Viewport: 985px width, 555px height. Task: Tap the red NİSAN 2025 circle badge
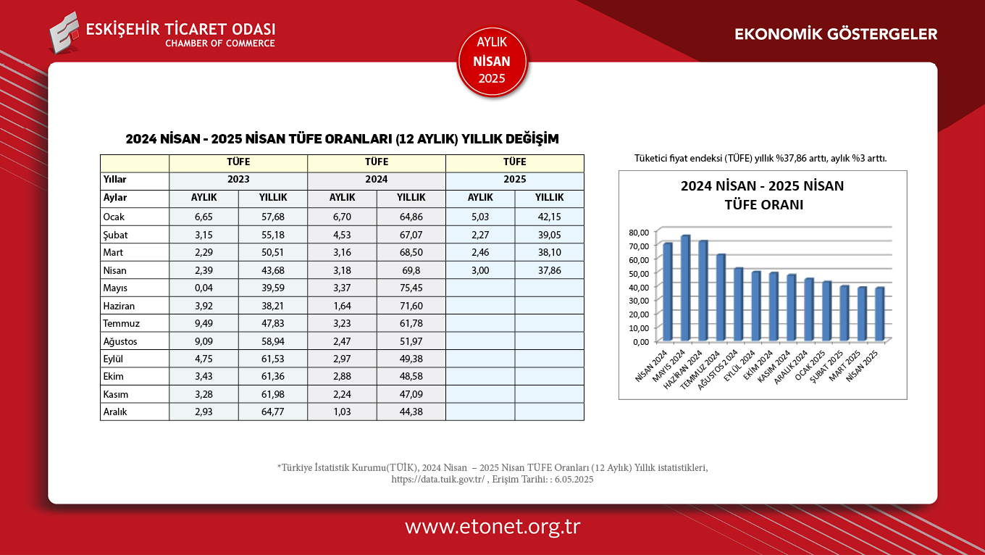coord(492,62)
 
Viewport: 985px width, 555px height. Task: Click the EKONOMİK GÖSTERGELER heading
coord(836,34)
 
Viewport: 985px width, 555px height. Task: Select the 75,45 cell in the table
coord(411,288)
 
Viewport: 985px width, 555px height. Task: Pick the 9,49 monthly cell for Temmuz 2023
coord(204,323)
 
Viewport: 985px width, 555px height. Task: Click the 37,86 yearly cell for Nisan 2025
coord(549,270)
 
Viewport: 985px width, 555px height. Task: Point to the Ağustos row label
coord(120,341)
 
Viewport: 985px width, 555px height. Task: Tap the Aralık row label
coord(116,412)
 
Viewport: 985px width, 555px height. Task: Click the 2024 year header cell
coord(376,179)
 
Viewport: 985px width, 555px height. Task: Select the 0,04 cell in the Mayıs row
coord(204,288)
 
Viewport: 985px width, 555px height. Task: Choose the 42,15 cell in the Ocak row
coord(549,217)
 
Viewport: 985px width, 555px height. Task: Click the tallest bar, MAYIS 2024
coord(685,288)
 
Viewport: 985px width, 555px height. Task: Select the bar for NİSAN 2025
coord(880,314)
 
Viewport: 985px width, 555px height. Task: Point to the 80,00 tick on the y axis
coord(640,233)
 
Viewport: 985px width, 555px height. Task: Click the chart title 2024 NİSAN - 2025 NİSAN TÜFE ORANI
coord(762,195)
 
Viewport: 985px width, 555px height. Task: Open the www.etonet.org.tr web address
coord(492,527)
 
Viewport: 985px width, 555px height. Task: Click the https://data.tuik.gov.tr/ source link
coord(437,479)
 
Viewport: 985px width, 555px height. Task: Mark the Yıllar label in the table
coord(115,179)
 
